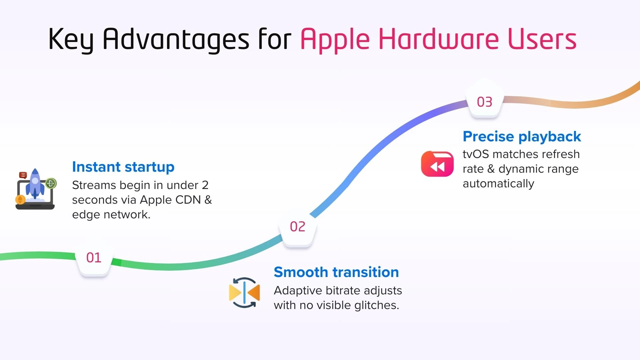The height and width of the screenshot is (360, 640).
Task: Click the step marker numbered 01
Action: [x=94, y=258]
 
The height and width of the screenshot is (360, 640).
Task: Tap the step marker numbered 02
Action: [x=298, y=228]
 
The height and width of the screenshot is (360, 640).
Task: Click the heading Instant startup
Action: [x=123, y=167]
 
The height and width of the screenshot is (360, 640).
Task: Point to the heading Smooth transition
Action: [x=336, y=272]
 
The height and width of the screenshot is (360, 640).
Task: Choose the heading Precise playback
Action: [x=522, y=137]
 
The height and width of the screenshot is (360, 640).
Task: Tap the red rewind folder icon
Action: [x=437, y=164]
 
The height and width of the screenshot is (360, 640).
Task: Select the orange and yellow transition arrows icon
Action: [x=244, y=293]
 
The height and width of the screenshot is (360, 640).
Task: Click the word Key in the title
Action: [x=71, y=40]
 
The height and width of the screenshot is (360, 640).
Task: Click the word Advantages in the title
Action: [x=176, y=40]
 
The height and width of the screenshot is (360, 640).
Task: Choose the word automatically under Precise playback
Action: [x=499, y=184]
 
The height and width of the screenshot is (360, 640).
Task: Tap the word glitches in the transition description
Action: [x=377, y=306]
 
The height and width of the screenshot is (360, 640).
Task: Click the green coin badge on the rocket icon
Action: [x=51, y=183]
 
